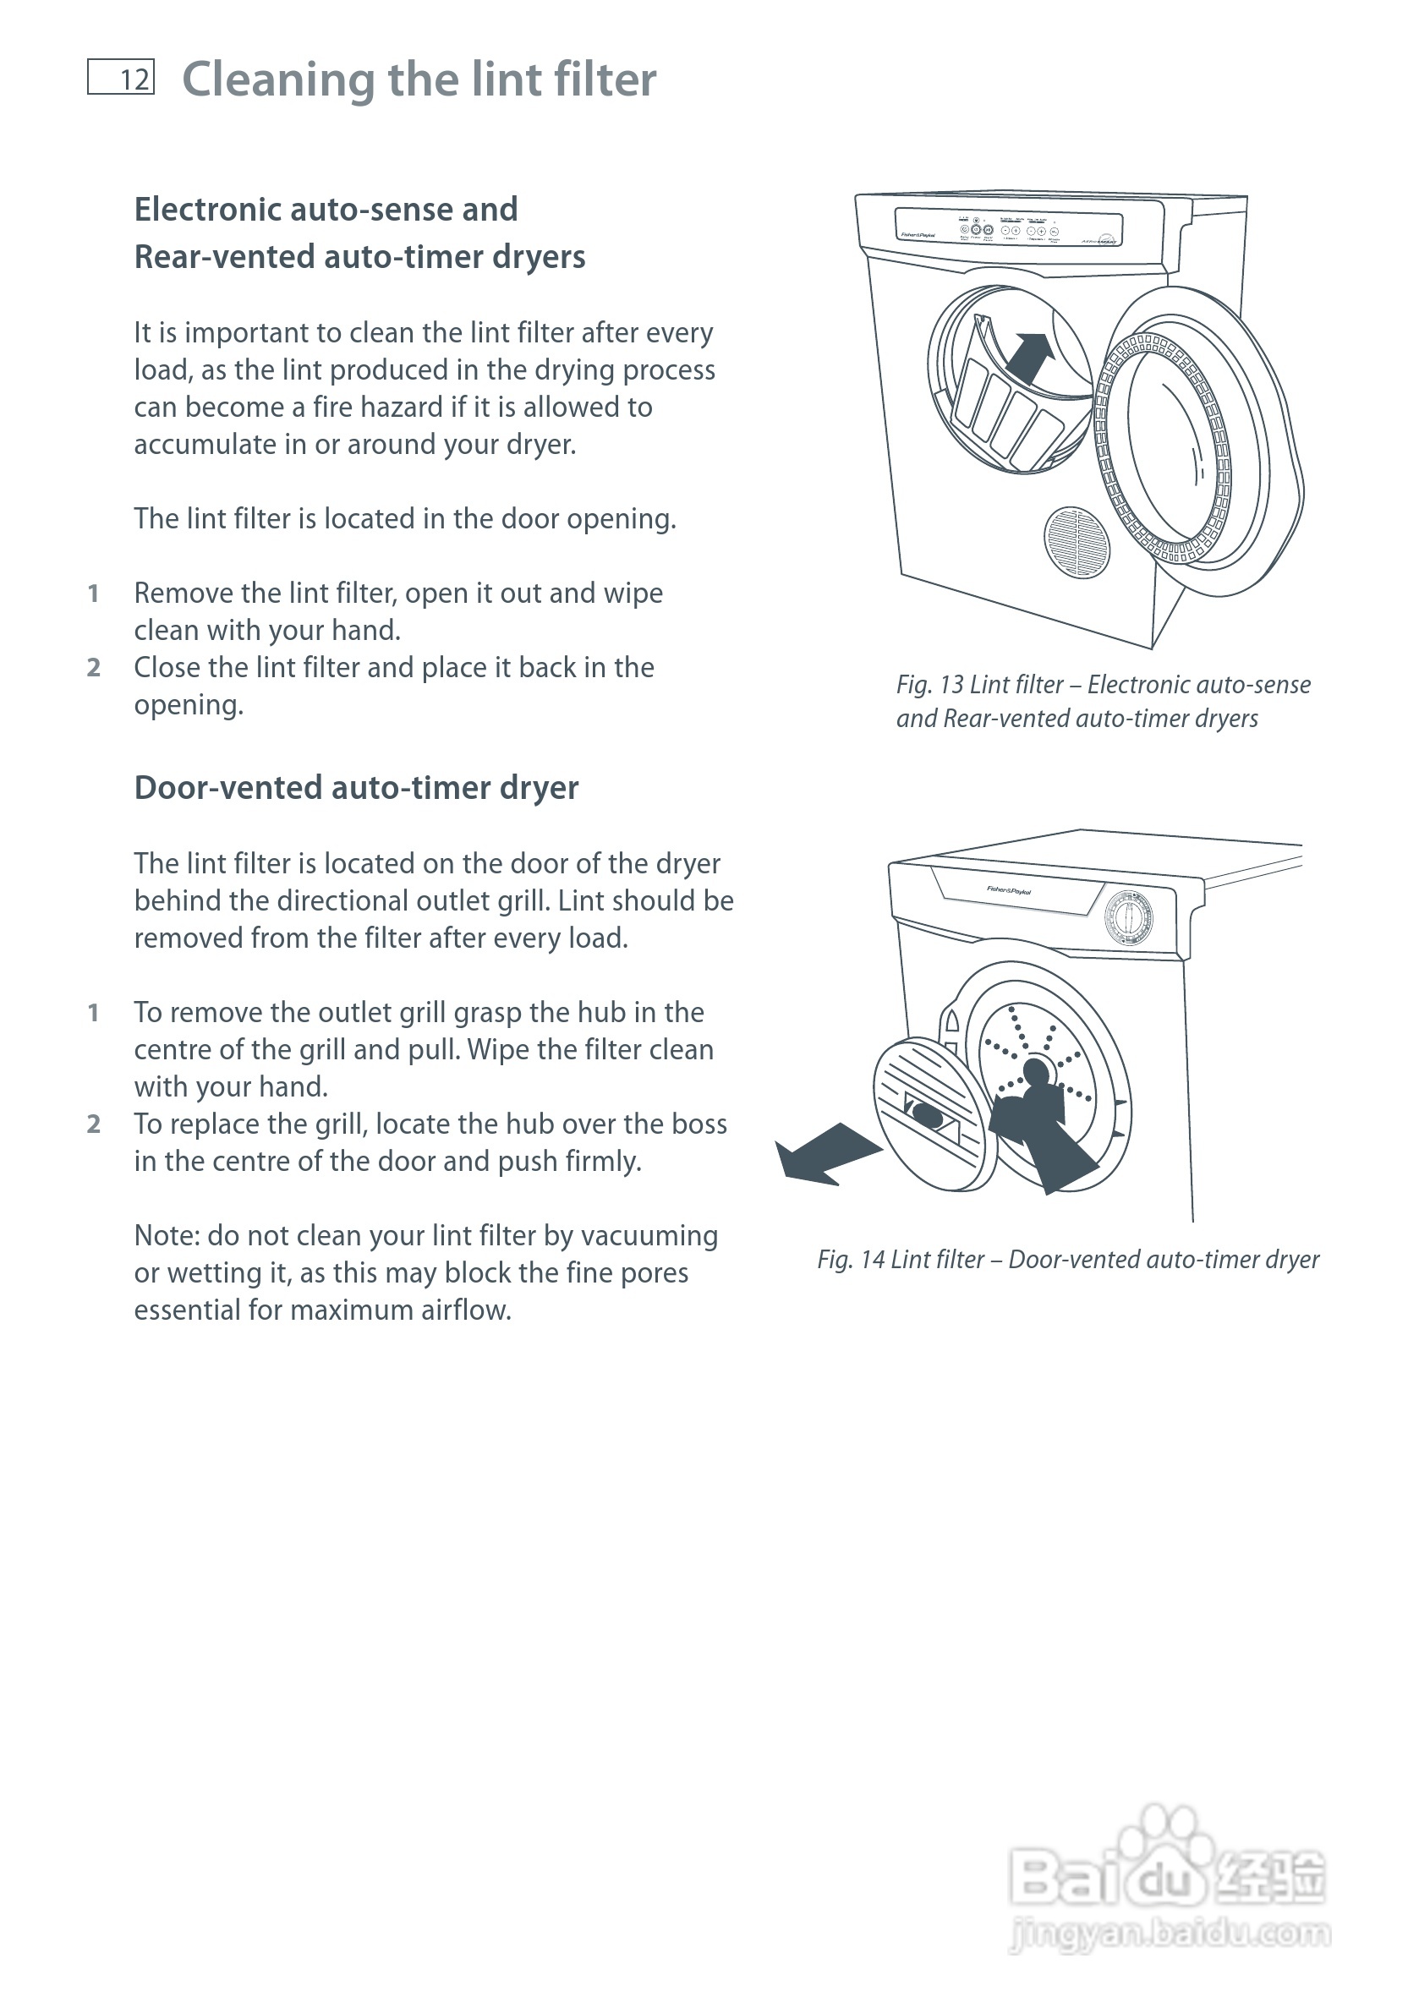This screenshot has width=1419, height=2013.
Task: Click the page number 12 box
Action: point(121,77)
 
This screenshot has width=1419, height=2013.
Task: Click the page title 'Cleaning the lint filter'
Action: point(419,79)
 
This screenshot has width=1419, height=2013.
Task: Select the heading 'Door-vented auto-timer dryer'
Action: point(356,787)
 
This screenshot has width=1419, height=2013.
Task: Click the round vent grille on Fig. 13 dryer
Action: point(1077,542)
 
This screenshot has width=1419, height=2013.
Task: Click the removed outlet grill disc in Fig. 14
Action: point(934,1113)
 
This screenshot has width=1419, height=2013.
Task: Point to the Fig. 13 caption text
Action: point(1103,701)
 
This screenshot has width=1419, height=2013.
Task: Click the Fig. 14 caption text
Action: point(1067,1259)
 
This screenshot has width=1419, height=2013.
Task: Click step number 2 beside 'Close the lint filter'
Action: point(94,668)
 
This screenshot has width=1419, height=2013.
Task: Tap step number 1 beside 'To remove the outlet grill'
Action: point(93,1013)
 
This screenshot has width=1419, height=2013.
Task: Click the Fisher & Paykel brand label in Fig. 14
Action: point(1009,890)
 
